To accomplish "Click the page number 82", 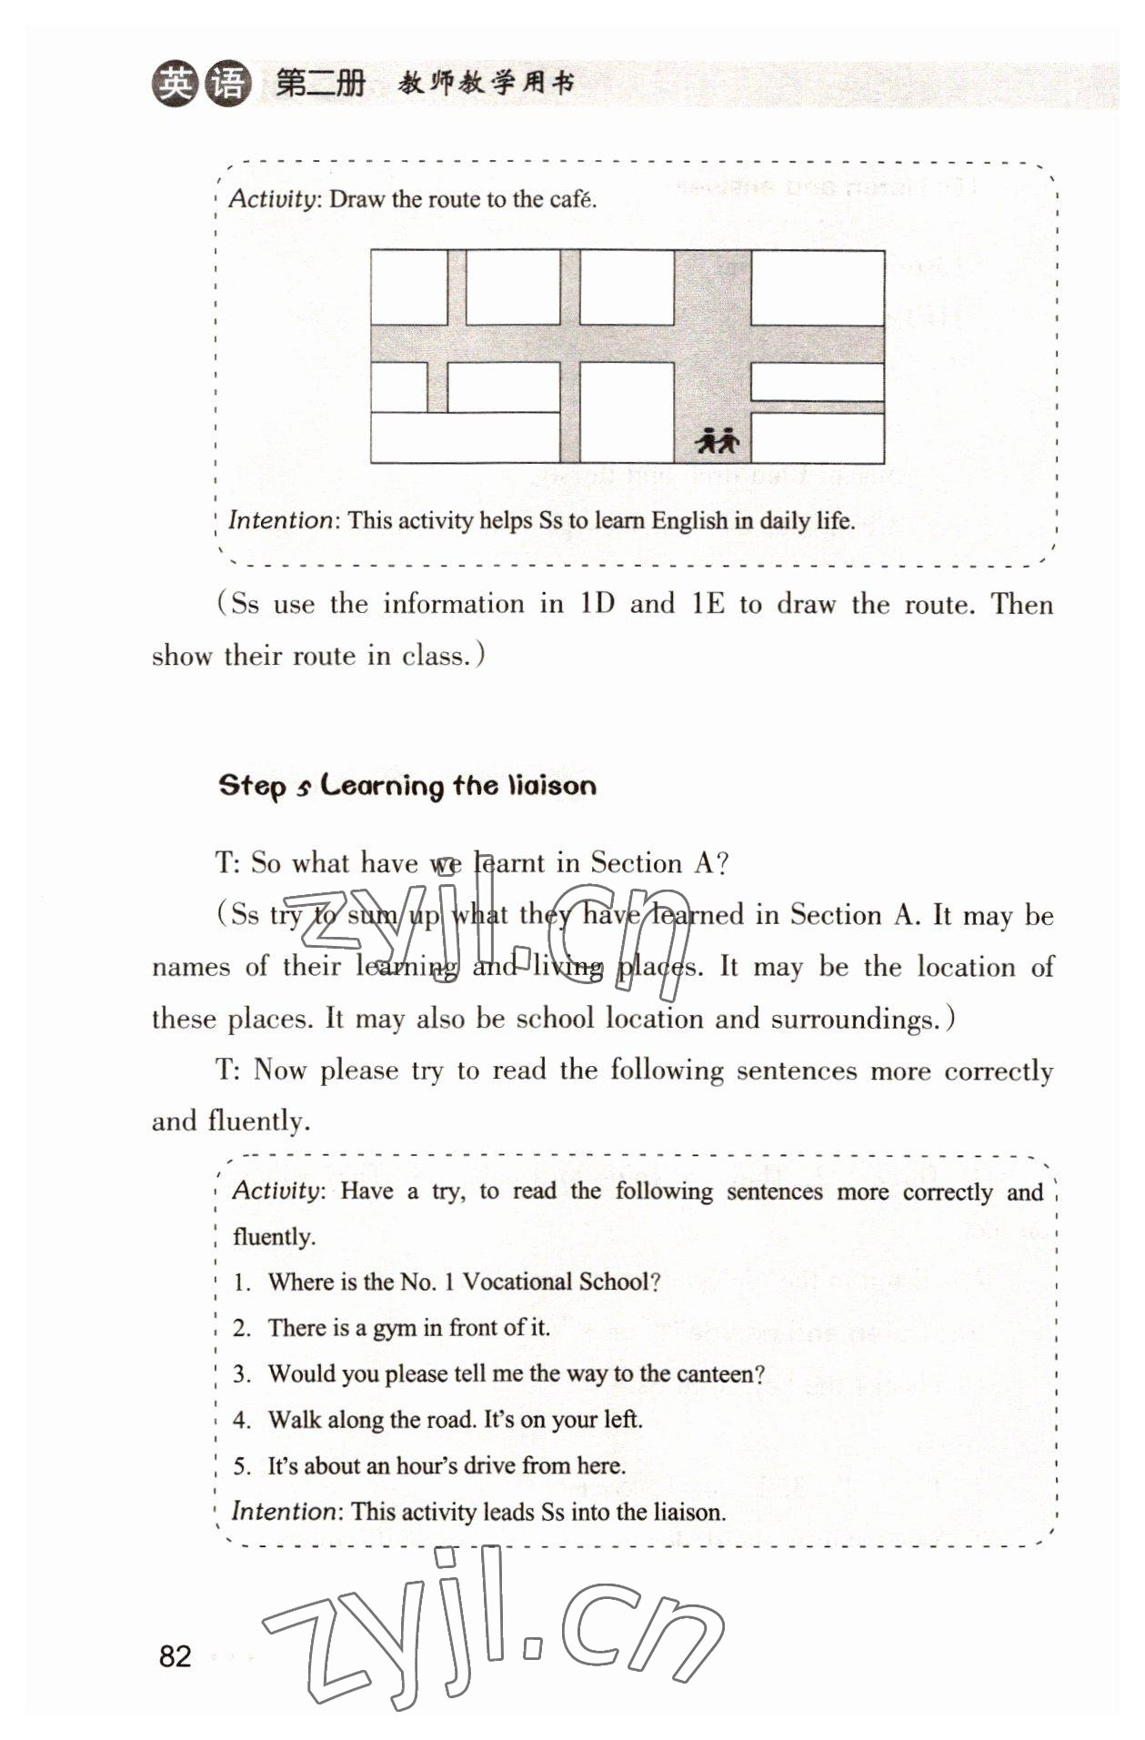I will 176,1655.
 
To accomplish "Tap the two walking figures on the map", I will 718,441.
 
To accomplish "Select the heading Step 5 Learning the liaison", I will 407,786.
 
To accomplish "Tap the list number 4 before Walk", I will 241,1420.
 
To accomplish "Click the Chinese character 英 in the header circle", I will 174,85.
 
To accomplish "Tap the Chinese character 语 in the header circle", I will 226,85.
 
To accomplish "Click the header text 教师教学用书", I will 487,85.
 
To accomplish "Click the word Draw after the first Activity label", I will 357,199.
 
